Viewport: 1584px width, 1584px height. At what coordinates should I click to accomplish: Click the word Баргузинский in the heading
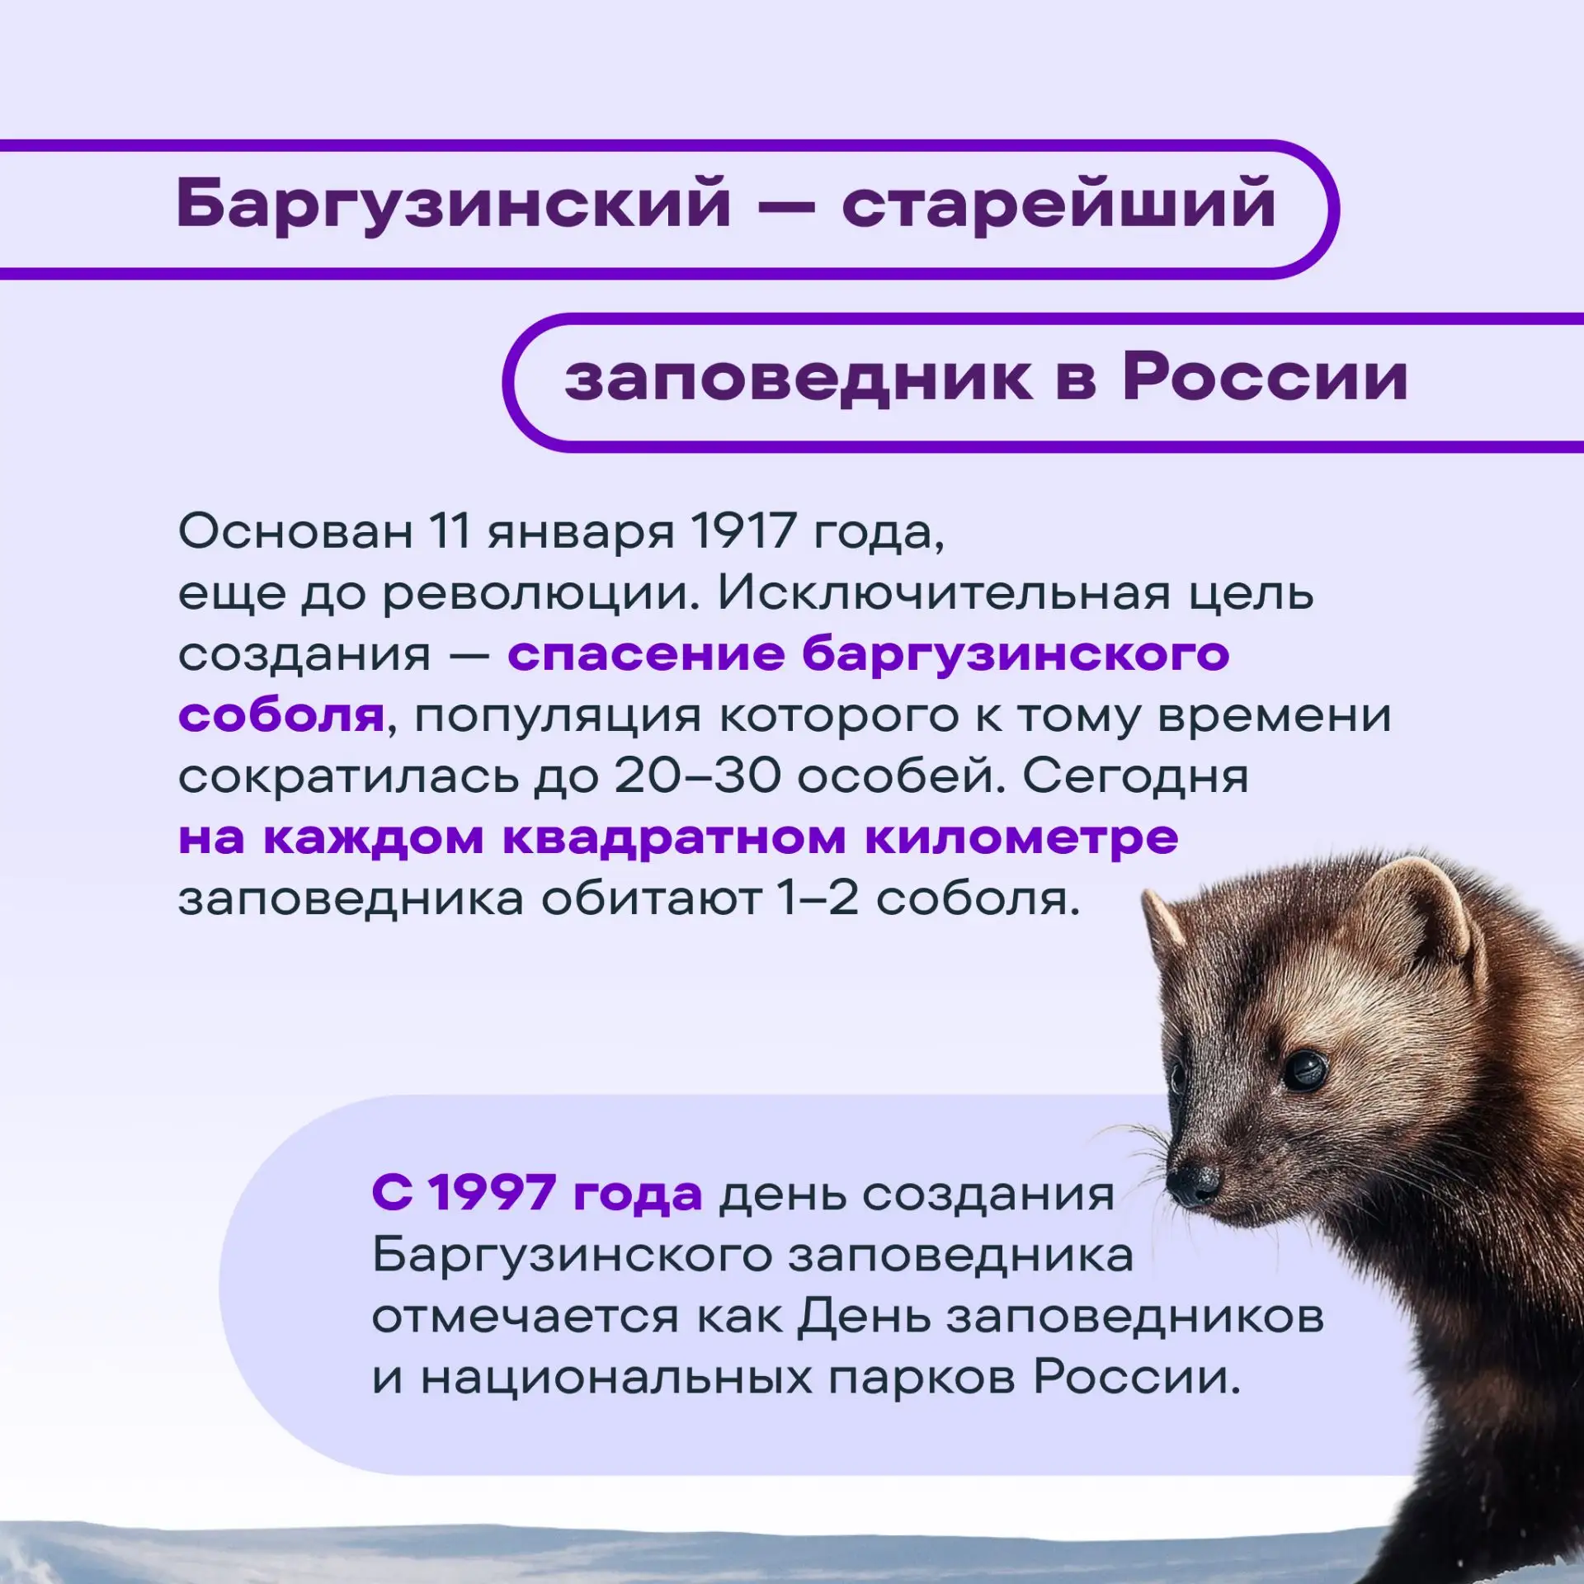pyautogui.click(x=454, y=204)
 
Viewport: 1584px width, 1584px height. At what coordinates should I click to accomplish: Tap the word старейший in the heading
pyautogui.click(x=1058, y=204)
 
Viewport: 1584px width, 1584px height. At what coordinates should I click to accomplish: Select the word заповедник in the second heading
pyautogui.click(x=798, y=380)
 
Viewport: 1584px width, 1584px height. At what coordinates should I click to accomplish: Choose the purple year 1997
pyautogui.click(x=493, y=1193)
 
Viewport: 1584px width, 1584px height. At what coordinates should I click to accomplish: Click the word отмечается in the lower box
pyautogui.click(x=526, y=1318)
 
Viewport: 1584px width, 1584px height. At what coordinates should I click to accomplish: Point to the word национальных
pyautogui.click(x=616, y=1379)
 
